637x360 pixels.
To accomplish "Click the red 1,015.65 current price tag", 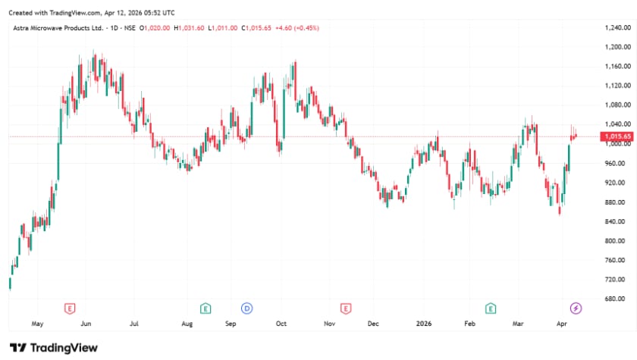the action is coord(617,136).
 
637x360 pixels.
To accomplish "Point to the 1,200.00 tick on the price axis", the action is coord(617,47).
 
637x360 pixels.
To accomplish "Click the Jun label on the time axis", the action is coord(86,324).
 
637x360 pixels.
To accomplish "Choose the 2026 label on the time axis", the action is coord(424,324).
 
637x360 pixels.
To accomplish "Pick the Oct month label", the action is coord(281,324).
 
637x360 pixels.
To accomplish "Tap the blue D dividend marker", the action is coord(247,308).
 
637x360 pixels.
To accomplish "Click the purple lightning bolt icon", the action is coord(576,308).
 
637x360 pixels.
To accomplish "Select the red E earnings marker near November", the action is coord(346,308).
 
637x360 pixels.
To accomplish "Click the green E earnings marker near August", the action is coord(206,308).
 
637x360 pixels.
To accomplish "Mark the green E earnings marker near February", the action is coord(491,308).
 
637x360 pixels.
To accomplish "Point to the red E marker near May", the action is coord(70,308).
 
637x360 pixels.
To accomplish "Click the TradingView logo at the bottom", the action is coord(54,348).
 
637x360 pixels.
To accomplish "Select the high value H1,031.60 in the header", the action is coord(189,28).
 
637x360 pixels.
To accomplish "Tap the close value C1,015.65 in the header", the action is coord(256,28).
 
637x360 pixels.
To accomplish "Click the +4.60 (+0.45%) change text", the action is coord(297,28).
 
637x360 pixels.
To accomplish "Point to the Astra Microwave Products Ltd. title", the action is coord(58,28).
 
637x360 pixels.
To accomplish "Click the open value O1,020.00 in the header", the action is coord(155,28).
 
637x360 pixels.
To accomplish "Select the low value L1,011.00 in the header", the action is coord(223,28).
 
